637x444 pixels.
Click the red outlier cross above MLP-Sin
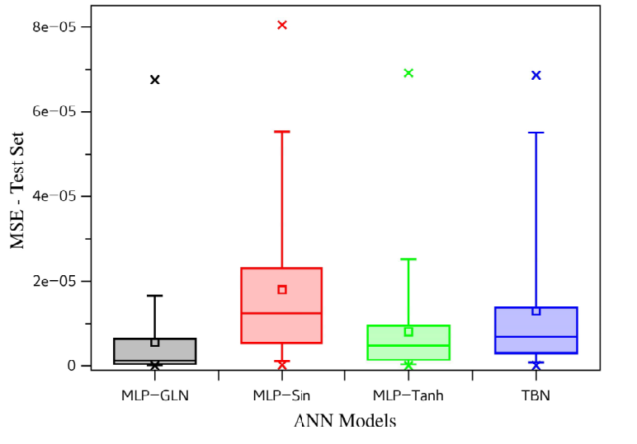[282, 26]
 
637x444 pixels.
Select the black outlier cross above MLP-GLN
[155, 80]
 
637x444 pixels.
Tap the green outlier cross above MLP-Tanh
[408, 73]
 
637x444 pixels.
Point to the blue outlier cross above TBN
[536, 76]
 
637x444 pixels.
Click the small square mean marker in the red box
[282, 289]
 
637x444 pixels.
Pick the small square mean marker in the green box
[408, 332]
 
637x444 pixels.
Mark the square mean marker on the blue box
[536, 311]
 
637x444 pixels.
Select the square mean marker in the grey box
[155, 343]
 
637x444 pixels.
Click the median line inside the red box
[281, 313]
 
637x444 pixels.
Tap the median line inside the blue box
[536, 337]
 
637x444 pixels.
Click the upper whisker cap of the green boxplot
[408, 259]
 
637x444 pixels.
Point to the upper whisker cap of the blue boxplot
[536, 133]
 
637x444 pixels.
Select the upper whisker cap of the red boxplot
[282, 131]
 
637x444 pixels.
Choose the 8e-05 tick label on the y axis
[54, 26]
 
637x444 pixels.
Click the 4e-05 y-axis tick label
[54, 196]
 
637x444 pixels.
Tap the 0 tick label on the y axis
[72, 366]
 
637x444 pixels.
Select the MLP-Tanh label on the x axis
[408, 395]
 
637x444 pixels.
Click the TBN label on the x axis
[536, 395]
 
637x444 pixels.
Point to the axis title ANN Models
[345, 420]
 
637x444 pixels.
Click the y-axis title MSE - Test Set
[17, 190]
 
